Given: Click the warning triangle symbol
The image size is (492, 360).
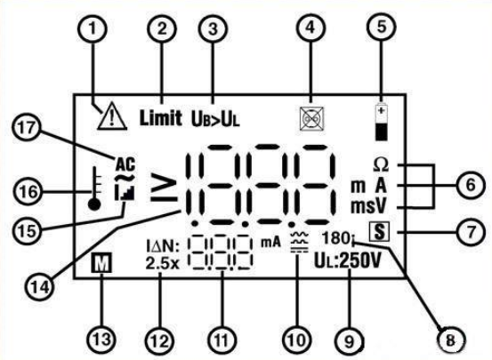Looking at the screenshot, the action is tap(112, 117).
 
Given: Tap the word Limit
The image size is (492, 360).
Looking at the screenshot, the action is tap(161, 118).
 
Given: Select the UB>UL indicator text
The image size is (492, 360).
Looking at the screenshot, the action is tap(215, 119).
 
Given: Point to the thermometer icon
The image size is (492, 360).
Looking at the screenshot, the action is tap(95, 188).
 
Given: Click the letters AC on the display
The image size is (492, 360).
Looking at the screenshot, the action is tap(125, 164).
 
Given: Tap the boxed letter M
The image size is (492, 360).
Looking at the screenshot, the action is tap(101, 264).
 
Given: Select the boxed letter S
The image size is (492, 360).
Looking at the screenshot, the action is tap(379, 232).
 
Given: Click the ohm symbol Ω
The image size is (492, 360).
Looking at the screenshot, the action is tap(381, 165).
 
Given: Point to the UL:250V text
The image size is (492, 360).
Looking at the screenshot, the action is tap(348, 261).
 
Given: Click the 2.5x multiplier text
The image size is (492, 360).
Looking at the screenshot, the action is tap(162, 264).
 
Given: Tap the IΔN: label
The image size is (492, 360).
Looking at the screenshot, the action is tap(163, 246).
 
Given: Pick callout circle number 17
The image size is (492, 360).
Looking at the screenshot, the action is tap(27, 128).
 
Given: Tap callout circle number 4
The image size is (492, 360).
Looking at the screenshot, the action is tap(311, 28).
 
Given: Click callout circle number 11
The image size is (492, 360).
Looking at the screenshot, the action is tap(222, 340).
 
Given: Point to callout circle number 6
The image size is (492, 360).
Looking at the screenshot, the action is tap(470, 185).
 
